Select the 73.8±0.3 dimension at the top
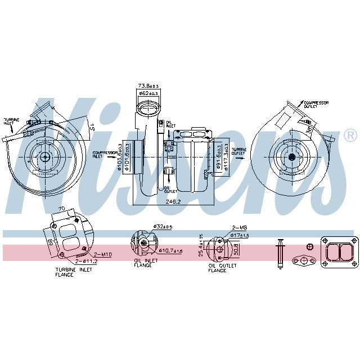148,85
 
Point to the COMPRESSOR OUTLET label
316,105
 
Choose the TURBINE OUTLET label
240,152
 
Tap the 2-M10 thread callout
103,254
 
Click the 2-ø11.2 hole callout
85,262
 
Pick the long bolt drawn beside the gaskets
280,253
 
